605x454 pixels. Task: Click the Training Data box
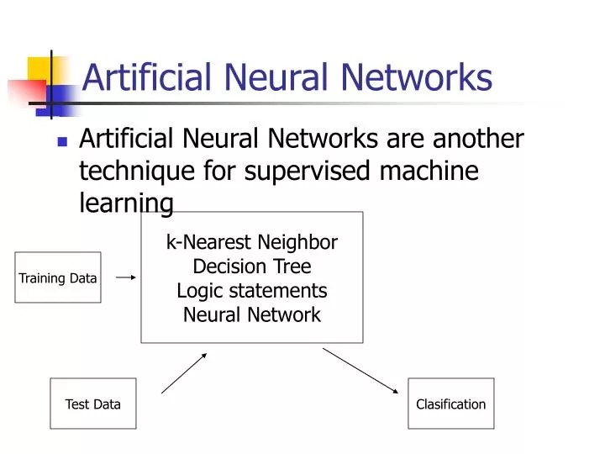tap(58, 277)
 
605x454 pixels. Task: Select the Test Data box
tap(92, 404)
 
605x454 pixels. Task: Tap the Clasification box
tap(451, 404)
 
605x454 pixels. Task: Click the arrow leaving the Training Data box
tap(125, 276)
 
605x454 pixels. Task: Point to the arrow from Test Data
tap(184, 372)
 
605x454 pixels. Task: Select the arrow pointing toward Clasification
tap(360, 370)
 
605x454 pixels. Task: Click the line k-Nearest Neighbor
tap(252, 243)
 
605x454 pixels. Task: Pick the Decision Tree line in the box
tap(252, 267)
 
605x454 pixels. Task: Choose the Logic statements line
tap(252, 291)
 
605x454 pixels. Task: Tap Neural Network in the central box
tap(252, 315)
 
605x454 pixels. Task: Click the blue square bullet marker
tap(61, 141)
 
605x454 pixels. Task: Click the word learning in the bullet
tap(126, 203)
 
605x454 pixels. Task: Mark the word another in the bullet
tap(477, 139)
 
